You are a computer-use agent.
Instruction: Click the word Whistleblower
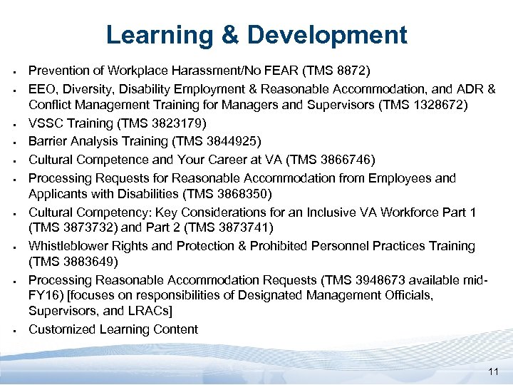coord(68,246)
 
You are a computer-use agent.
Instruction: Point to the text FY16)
coord(45,294)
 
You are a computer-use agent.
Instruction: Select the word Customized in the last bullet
coord(60,329)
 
